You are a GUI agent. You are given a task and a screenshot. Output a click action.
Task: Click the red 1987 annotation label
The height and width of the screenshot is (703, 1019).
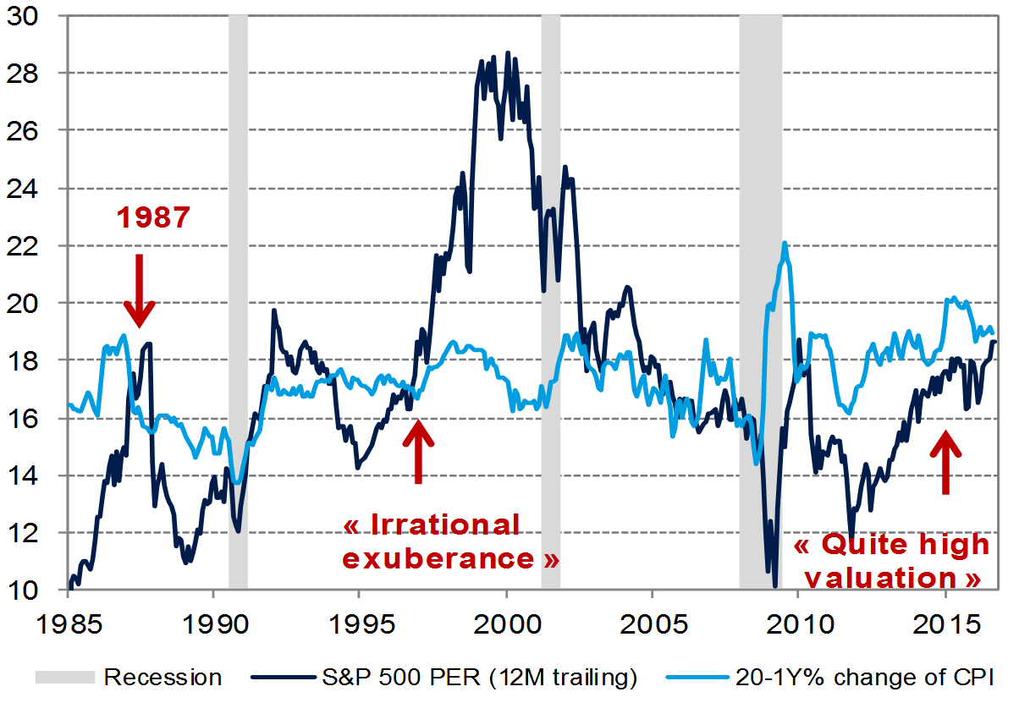pyautogui.click(x=153, y=217)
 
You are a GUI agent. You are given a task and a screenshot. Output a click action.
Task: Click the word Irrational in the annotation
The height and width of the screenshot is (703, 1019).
pyautogui.click(x=432, y=525)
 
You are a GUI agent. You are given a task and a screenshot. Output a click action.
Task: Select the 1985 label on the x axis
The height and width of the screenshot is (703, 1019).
pyautogui.click(x=67, y=619)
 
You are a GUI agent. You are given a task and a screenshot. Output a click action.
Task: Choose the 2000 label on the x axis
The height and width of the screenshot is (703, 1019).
pyautogui.click(x=506, y=619)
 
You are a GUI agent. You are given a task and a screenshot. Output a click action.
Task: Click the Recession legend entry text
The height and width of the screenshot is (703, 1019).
pyautogui.click(x=163, y=677)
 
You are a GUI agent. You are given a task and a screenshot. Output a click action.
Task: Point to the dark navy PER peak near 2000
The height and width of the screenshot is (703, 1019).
pyautogui.click(x=508, y=53)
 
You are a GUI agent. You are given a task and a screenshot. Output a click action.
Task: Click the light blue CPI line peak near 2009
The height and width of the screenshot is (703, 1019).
pyautogui.click(x=785, y=244)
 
